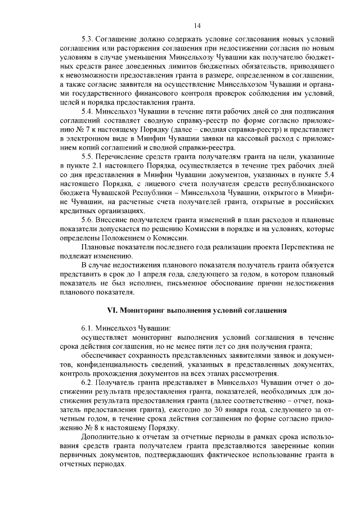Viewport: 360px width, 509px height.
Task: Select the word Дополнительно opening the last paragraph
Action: (108, 438)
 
